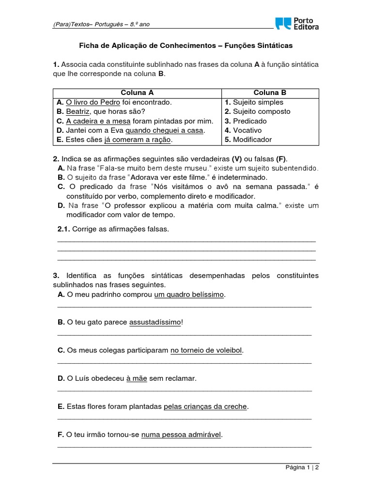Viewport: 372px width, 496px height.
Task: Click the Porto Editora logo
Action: (x=297, y=23)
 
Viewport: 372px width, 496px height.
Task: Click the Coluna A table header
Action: (x=137, y=93)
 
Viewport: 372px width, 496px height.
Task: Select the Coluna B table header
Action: (x=270, y=93)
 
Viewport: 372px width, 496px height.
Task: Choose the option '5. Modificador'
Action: (x=248, y=139)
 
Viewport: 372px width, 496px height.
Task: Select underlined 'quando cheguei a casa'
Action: (x=165, y=130)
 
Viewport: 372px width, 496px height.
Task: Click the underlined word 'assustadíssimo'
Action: (x=155, y=322)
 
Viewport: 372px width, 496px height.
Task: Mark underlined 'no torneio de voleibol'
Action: (x=206, y=350)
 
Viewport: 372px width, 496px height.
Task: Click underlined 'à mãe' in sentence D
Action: (x=136, y=378)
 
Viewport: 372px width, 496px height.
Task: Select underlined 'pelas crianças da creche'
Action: (x=205, y=406)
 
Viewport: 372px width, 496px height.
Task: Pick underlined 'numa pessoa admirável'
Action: (x=181, y=434)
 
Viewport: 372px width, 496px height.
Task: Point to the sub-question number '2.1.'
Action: (x=64, y=229)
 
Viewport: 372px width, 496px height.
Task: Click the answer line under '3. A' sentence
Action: (x=184, y=307)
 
